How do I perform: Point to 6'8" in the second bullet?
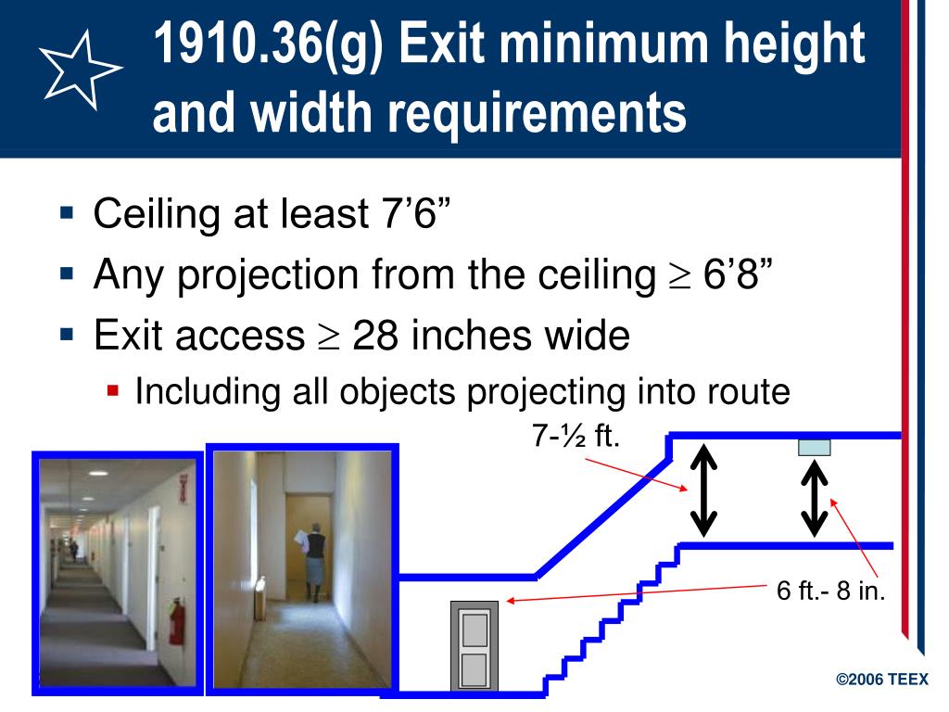(739, 275)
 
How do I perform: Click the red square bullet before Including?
(113, 391)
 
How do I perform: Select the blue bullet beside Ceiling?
(66, 214)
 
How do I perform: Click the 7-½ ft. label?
(575, 435)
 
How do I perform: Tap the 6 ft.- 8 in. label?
(831, 591)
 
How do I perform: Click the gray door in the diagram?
(474, 646)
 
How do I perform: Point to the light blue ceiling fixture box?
(815, 448)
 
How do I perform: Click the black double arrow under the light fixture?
(815, 499)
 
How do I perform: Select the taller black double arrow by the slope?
(703, 490)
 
